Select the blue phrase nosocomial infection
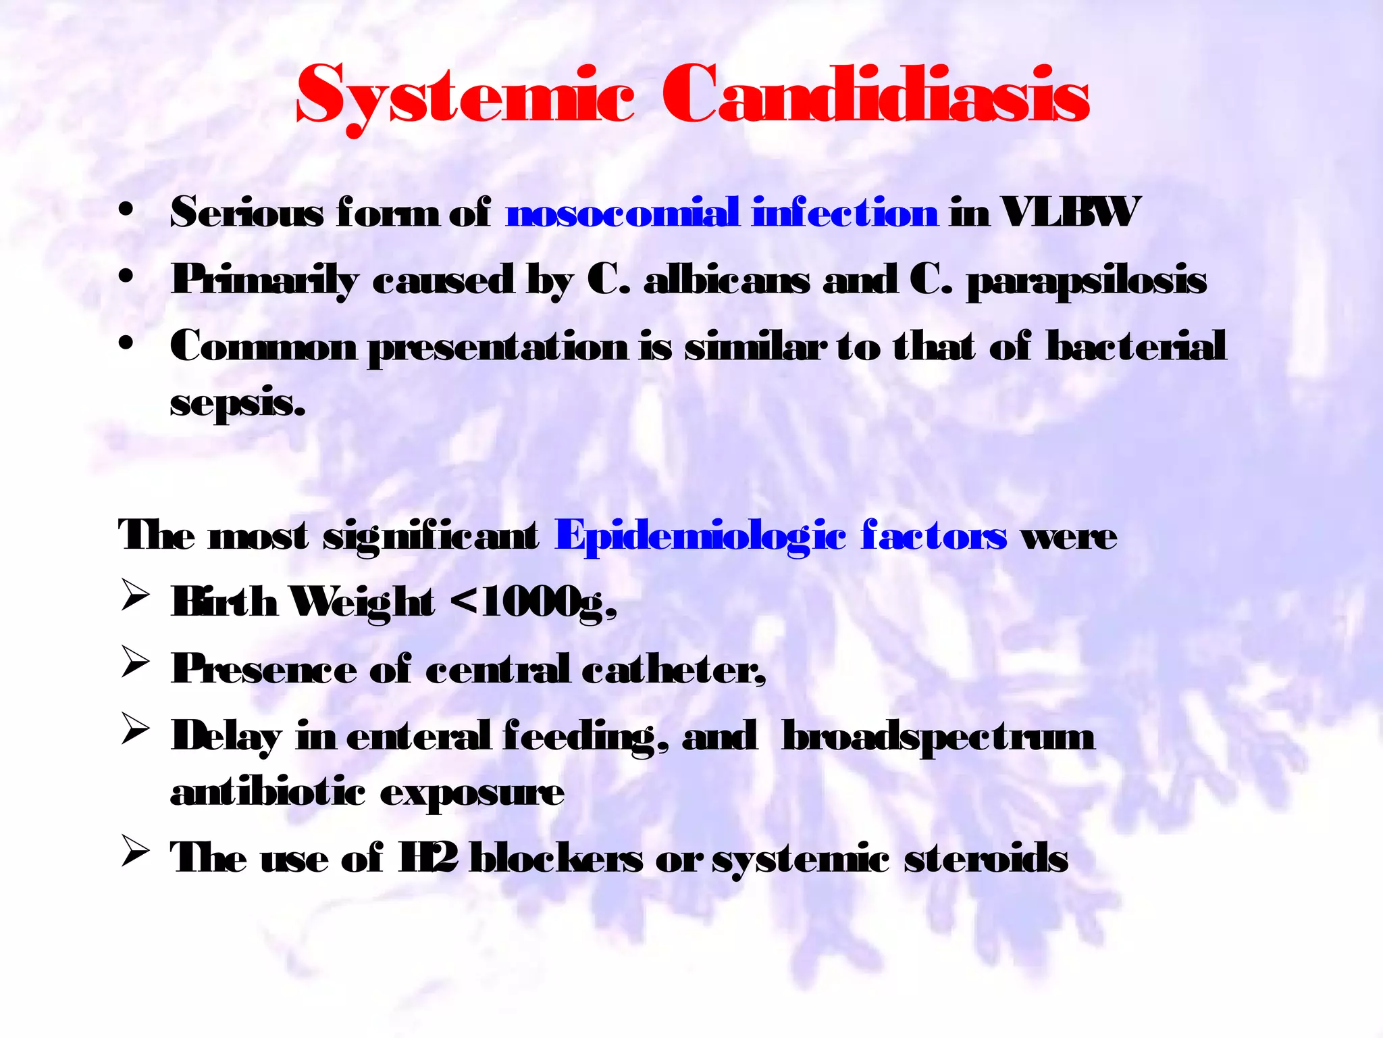tap(722, 213)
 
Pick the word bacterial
tap(1136, 347)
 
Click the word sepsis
tap(238, 403)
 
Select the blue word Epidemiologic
tap(700, 537)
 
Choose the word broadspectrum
tap(937, 737)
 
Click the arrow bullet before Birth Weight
tap(135, 597)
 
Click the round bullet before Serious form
tap(126, 212)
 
